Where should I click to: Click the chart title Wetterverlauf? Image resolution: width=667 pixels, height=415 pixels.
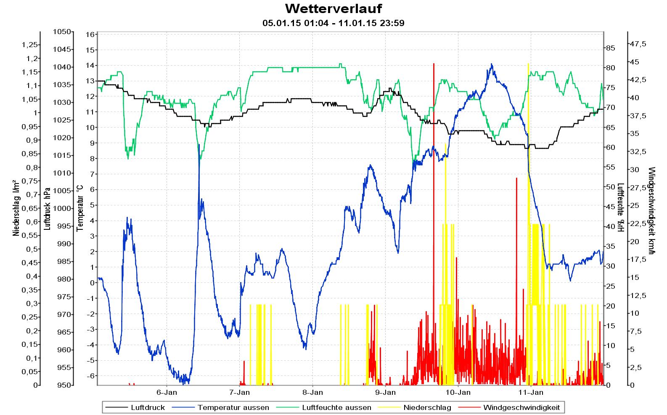(333, 9)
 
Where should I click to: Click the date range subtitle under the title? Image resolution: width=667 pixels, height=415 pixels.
(333, 23)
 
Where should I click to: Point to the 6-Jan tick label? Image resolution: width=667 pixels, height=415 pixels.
(167, 393)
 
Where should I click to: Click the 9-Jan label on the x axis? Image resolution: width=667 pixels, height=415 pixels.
(385, 393)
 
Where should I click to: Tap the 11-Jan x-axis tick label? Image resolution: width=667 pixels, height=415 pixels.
(531, 393)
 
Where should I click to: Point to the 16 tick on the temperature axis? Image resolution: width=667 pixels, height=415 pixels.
(90, 35)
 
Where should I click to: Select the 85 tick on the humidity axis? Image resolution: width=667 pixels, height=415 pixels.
(610, 48)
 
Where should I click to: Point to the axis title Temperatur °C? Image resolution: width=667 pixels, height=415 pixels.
(80, 208)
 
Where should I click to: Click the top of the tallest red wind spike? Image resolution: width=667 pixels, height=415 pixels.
(434, 64)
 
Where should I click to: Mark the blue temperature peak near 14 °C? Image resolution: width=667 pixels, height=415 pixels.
(492, 64)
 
